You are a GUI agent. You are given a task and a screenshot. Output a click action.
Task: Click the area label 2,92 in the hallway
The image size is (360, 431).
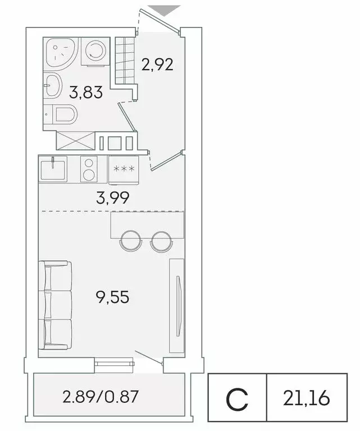point(157,65)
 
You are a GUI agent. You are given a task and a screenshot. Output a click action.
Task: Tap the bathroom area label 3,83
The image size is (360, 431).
point(86,92)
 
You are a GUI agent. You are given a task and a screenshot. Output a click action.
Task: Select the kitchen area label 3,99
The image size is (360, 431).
point(113,197)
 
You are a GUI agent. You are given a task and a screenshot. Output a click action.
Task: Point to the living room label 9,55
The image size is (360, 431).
point(112,296)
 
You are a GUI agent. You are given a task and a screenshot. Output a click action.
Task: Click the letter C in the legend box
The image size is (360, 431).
point(237,398)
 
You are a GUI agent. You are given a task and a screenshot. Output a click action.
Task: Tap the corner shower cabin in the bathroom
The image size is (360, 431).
point(60,53)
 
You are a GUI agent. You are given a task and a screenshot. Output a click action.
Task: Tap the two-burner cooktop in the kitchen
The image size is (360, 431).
point(89,169)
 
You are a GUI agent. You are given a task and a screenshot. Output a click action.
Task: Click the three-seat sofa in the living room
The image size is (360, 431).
point(55,305)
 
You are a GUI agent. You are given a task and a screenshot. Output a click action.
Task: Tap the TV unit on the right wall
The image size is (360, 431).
point(177,306)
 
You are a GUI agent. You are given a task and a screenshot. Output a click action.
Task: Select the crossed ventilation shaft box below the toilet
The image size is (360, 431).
point(75,140)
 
